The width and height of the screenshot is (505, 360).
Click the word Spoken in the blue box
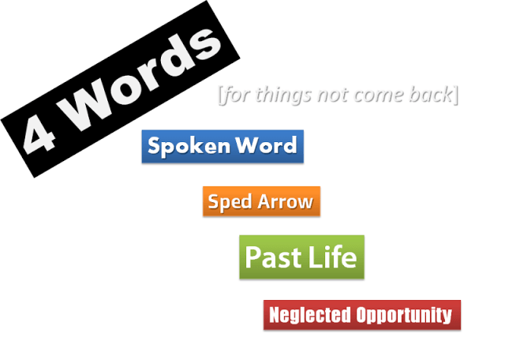[182, 146]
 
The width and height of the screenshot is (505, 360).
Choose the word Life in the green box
[332, 257]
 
